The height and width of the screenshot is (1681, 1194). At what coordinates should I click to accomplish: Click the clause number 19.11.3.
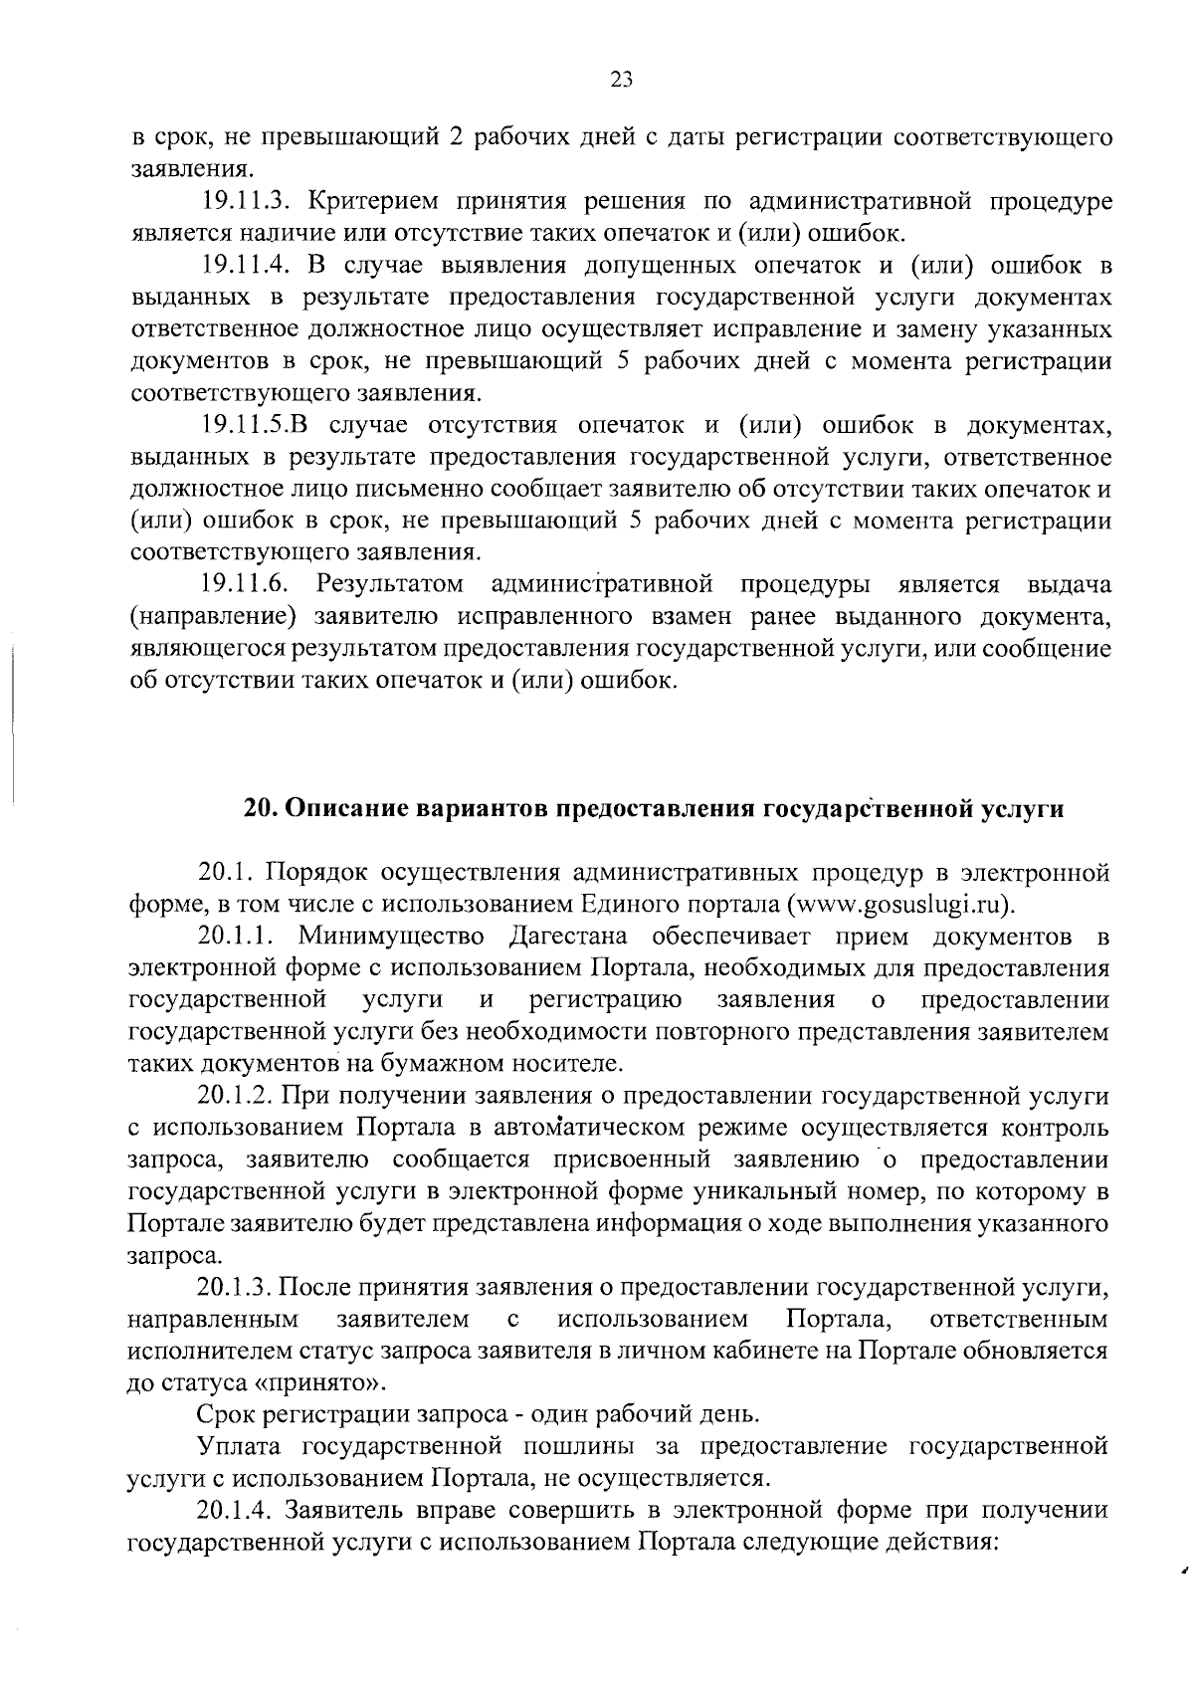pos(245,202)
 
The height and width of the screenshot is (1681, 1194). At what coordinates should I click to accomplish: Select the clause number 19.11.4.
pos(245,266)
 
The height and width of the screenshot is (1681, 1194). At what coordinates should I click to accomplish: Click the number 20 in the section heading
pos(260,808)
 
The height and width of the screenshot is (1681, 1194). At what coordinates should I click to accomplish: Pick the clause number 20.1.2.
pos(236,1096)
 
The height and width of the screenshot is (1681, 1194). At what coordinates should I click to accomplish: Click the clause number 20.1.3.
pos(236,1287)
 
